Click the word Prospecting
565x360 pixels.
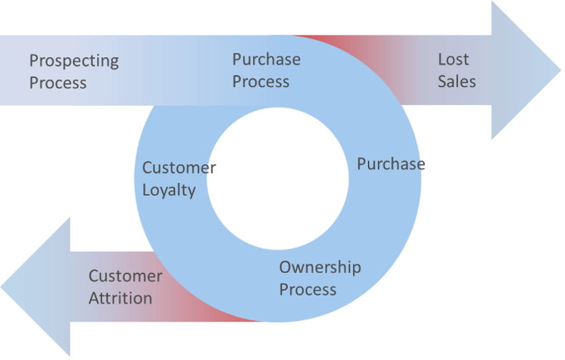point(74,61)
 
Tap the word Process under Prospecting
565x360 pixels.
point(58,83)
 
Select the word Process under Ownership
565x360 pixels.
point(307,289)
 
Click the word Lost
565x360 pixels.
point(454,59)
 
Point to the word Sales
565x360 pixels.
point(456,81)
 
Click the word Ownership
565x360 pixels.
point(319,268)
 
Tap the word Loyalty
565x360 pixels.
point(169,191)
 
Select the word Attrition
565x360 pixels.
point(120,297)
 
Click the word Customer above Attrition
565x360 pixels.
point(125,276)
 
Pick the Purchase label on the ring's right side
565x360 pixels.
point(389,164)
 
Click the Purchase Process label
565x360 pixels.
point(266,70)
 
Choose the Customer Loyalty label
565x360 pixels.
point(174,179)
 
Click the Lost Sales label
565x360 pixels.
point(456,70)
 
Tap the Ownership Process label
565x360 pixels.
point(319,279)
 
